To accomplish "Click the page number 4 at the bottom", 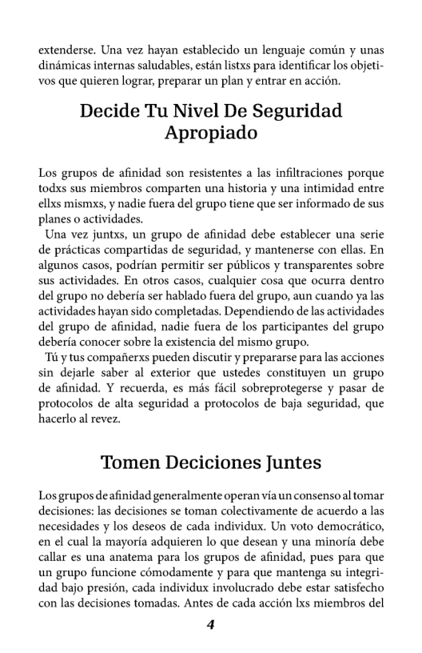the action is click(211, 626).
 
